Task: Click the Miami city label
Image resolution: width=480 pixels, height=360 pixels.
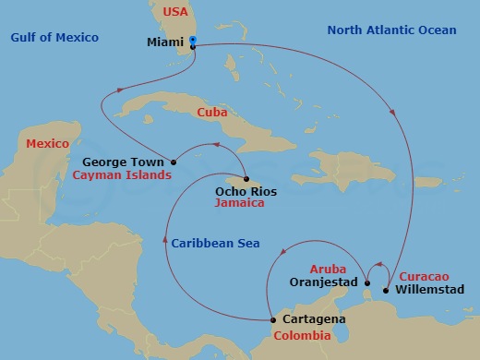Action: pos(165,42)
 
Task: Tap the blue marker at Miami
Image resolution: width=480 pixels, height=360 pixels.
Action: pos(193,40)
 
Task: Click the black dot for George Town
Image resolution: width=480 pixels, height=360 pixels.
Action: pos(174,162)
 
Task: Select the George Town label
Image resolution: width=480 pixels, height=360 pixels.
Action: pos(129,162)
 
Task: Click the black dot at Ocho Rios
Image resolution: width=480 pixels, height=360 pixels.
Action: pos(247,179)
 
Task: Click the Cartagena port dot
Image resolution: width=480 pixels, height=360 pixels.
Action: pos(271,320)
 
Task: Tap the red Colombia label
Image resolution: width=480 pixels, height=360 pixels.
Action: pos(303,336)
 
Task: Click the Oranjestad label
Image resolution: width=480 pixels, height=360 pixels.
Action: pos(322,281)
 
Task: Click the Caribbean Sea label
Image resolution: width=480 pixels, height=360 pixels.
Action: pos(214,243)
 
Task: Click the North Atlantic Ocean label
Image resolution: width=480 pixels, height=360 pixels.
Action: pos(391,30)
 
